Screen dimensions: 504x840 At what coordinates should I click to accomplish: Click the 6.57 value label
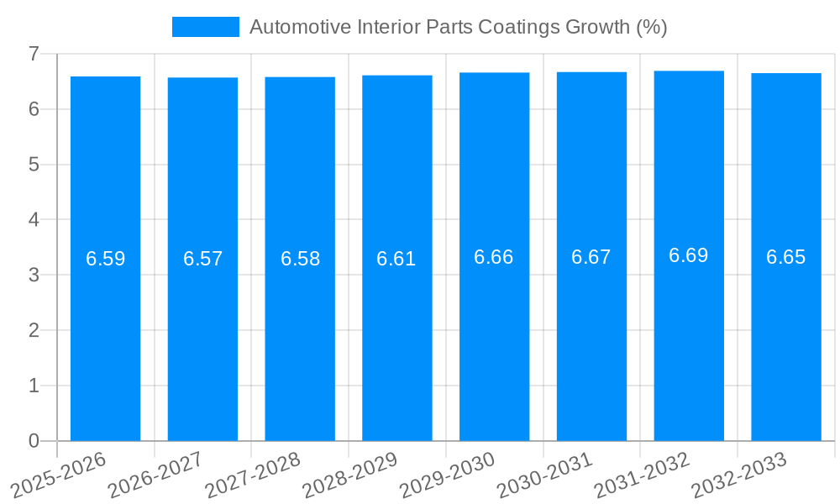pos(203,259)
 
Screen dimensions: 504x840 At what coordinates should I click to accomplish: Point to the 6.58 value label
pos(301,259)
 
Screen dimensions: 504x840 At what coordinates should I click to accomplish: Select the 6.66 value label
pos(494,257)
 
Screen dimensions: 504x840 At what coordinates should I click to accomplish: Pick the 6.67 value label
pos(591,257)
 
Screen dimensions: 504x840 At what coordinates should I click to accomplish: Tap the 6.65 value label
pos(786,257)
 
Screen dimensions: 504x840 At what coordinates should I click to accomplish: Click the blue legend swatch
pos(205,27)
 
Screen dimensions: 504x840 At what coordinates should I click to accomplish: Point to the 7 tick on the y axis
pos(34,54)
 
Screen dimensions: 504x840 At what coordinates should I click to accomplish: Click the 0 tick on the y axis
pos(34,441)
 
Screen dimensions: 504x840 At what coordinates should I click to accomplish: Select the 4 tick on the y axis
pos(34,220)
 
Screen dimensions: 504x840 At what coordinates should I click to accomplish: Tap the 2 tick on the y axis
pos(34,330)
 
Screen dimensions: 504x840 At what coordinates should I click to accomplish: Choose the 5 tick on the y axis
pos(34,165)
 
